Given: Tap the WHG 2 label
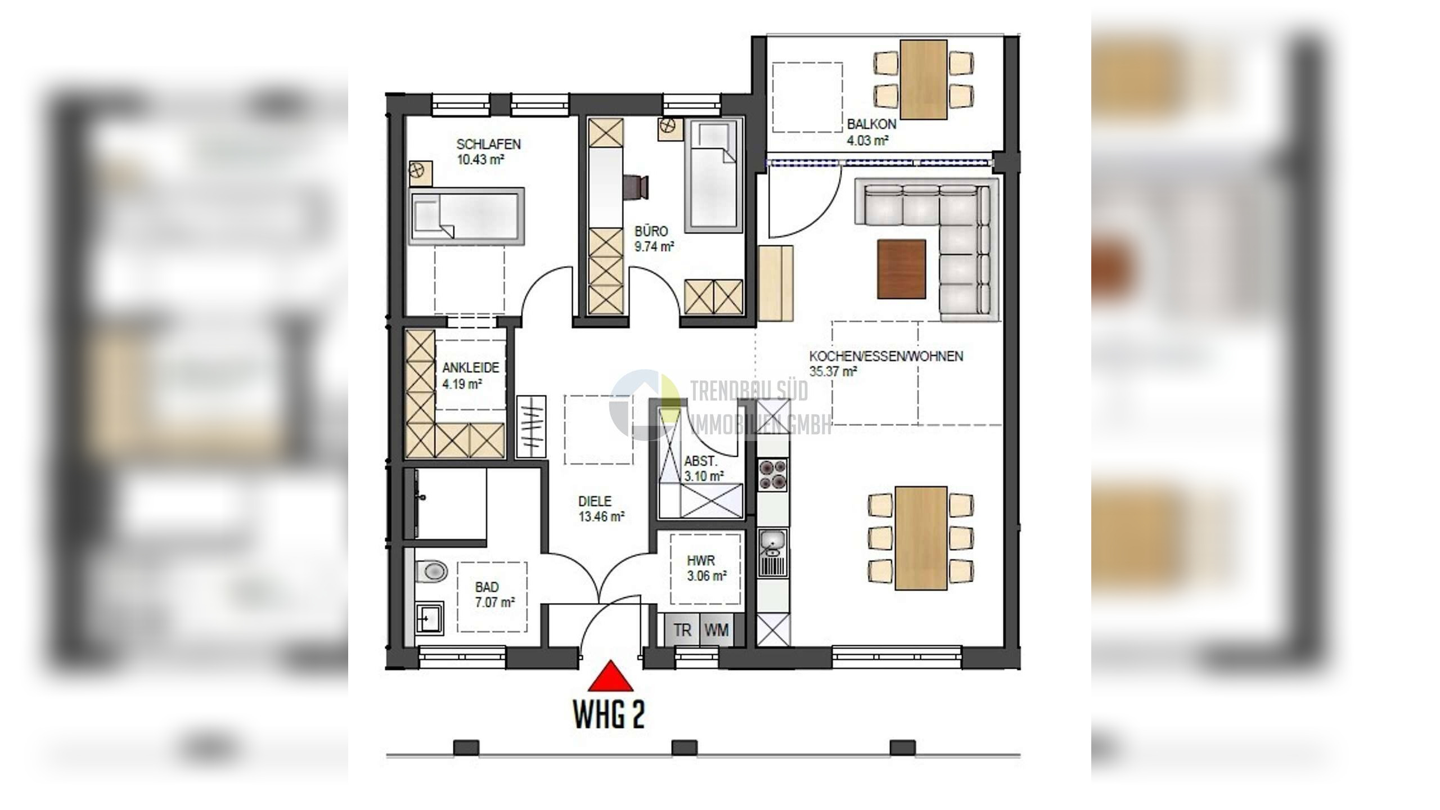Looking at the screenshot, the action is [x=609, y=714].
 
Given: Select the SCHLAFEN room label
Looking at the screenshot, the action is [x=488, y=145].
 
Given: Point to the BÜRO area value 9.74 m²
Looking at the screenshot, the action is [x=654, y=246].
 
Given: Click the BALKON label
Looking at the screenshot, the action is [x=871, y=124].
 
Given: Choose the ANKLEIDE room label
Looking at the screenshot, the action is [x=470, y=368].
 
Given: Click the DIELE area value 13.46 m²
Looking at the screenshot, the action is [x=601, y=516].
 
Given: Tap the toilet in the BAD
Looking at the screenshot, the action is [x=431, y=572].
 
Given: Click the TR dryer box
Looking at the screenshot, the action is [x=682, y=630].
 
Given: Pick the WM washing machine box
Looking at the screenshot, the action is [x=716, y=630].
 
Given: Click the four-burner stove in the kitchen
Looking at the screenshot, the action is [x=773, y=476].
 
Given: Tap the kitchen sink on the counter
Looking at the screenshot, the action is [x=773, y=552].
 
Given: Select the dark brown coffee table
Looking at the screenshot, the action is [x=902, y=269].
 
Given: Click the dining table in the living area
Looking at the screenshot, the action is [x=921, y=538].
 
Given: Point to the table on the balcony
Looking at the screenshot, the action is [x=924, y=79].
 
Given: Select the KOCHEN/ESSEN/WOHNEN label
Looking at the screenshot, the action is [x=886, y=356].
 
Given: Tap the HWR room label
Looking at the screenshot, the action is [x=701, y=561].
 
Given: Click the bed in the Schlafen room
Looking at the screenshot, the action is [x=467, y=217].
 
